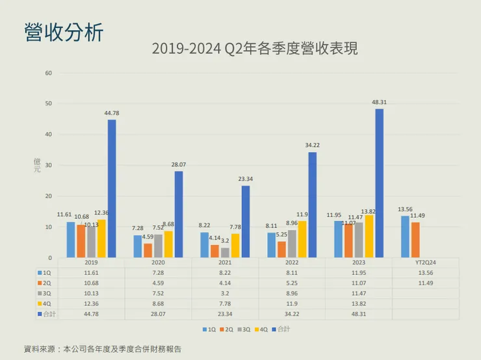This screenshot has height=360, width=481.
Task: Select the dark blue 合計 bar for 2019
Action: (112, 188)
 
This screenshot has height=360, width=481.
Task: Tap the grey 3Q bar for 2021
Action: (225, 253)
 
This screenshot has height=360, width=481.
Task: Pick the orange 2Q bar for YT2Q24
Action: (415, 240)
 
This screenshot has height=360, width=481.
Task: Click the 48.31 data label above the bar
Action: (379, 102)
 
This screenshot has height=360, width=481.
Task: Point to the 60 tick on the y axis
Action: (48, 73)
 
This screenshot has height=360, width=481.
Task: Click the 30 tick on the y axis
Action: (48, 165)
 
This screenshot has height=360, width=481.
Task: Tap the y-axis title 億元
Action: (37, 165)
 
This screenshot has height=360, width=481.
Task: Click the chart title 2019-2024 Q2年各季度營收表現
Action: (254, 49)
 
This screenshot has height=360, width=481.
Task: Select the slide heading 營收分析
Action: (64, 32)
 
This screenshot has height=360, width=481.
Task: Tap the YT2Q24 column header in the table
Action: (426, 263)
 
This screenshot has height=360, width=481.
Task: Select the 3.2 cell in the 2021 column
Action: (225, 293)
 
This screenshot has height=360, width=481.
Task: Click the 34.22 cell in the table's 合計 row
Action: (292, 313)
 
